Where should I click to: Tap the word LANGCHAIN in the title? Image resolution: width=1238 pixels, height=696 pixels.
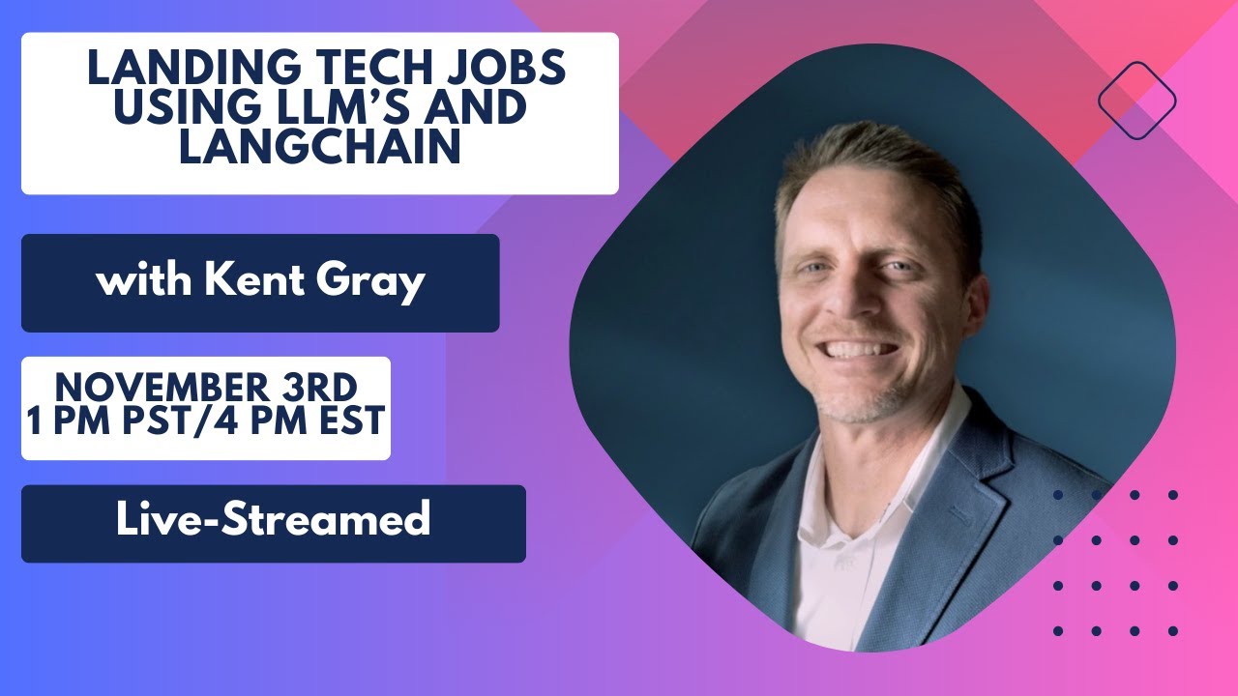coord(319,147)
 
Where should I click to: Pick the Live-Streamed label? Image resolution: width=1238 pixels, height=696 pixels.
coord(273,521)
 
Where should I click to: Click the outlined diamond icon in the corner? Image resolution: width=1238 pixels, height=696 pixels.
coord(1136,101)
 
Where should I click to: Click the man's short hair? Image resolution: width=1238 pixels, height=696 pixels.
coord(870,159)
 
